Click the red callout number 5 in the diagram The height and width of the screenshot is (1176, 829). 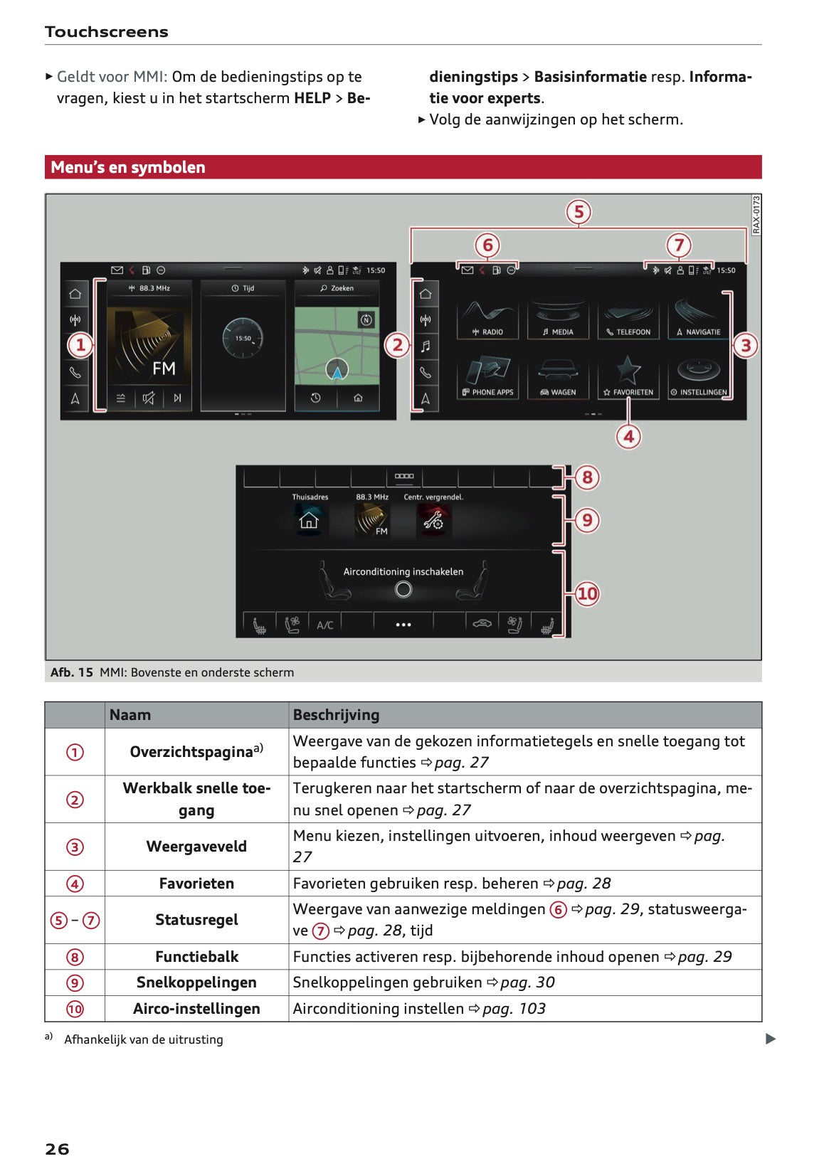pyautogui.click(x=579, y=212)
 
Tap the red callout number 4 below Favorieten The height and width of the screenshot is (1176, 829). pyautogui.click(x=628, y=436)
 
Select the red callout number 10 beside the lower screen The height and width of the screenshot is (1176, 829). pyautogui.click(x=587, y=593)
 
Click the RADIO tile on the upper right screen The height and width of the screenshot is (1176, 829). pyautogui.click(x=487, y=319)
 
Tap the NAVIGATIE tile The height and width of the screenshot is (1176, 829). pyautogui.click(x=698, y=319)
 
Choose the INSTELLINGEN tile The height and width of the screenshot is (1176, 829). pyautogui.click(x=699, y=379)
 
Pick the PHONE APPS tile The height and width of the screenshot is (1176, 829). pyautogui.click(x=487, y=379)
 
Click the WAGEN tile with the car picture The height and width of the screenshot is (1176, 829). pyautogui.click(x=558, y=379)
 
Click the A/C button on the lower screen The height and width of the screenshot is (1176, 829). pyautogui.click(x=325, y=625)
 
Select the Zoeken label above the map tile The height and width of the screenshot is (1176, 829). pyautogui.click(x=337, y=288)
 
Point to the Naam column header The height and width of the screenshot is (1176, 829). pyautogui.click(x=130, y=715)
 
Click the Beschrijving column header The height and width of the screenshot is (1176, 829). pyautogui.click(x=336, y=715)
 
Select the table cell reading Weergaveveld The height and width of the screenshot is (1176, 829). pyautogui.click(x=196, y=847)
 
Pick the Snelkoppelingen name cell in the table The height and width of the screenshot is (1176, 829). pyautogui.click(x=196, y=982)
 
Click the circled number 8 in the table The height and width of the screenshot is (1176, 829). pyautogui.click(x=75, y=957)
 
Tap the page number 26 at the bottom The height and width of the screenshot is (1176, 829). pyautogui.click(x=57, y=1149)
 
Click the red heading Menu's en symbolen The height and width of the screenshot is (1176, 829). pyautogui.click(x=128, y=167)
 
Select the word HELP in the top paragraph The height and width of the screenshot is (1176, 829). pyautogui.click(x=312, y=98)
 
